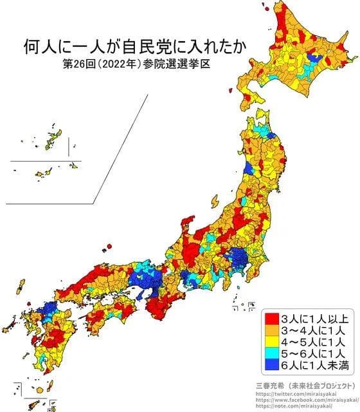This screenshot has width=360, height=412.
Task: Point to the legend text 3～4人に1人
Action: click(311, 330)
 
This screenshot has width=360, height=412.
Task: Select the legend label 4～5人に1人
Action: click(311, 342)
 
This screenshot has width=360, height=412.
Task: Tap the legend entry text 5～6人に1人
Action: click(311, 353)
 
